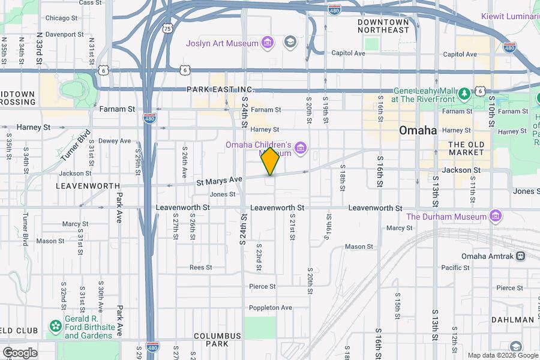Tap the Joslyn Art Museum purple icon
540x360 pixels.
(268, 43)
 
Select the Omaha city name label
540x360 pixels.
(418, 131)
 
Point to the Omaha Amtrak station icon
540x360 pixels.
(520, 256)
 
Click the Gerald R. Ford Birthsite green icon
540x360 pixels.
(55, 326)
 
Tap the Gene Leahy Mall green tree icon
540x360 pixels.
(464, 94)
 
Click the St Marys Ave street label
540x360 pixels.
(219, 180)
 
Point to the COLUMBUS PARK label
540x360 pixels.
(218, 340)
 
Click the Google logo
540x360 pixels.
(19, 353)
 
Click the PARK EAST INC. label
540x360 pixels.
(221, 89)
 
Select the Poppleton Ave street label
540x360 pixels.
(270, 307)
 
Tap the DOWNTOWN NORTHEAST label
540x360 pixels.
(383, 26)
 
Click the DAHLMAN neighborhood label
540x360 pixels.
(512, 320)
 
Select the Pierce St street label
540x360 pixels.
(262, 287)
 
